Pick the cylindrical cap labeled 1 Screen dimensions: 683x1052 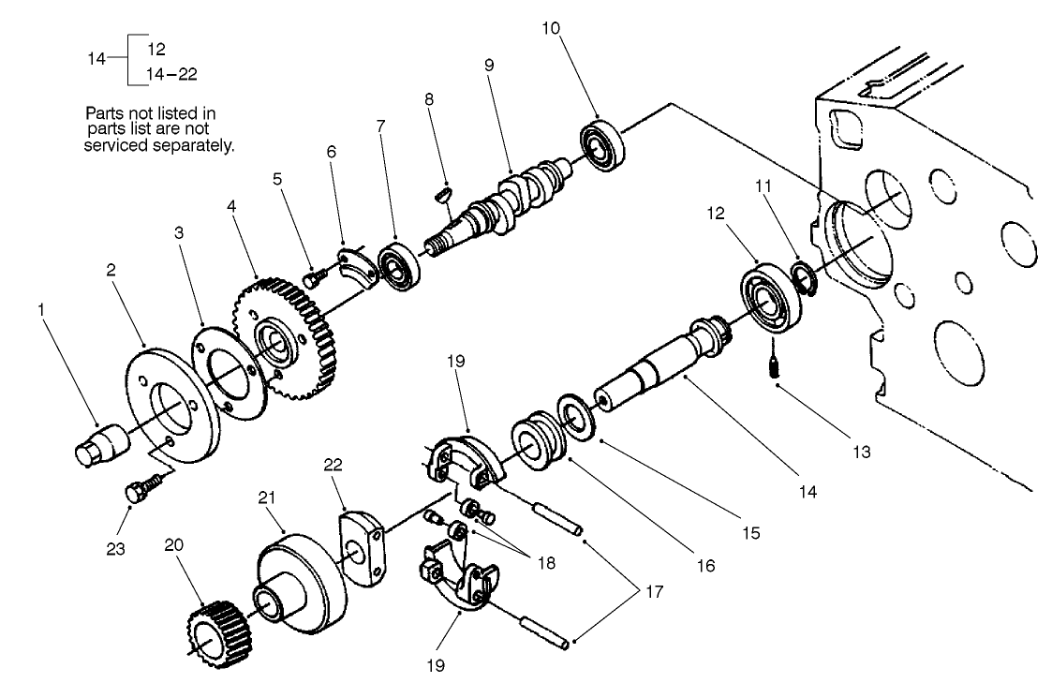click(x=98, y=442)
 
